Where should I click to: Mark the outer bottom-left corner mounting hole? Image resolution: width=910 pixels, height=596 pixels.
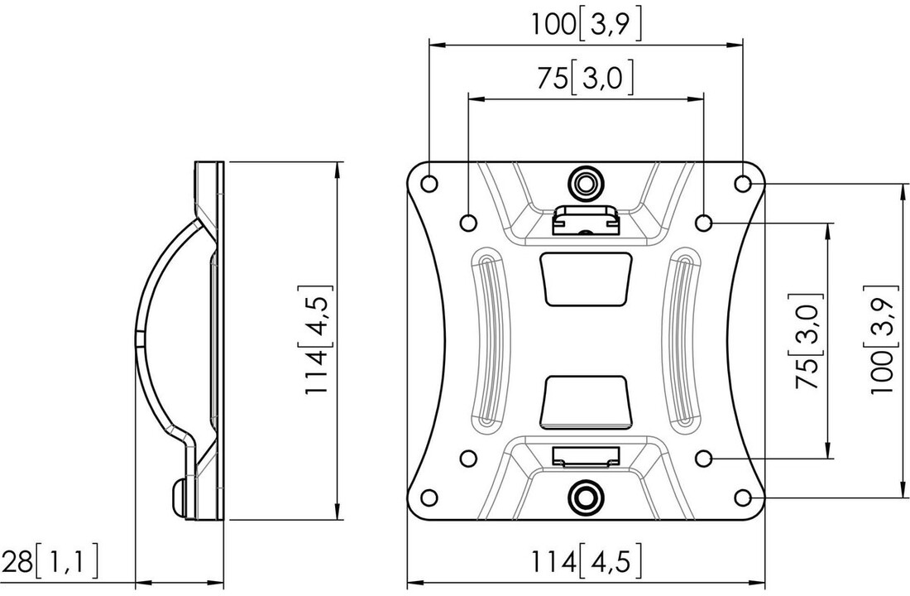tap(429, 497)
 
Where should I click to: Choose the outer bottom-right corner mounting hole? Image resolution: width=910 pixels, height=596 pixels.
tap(743, 497)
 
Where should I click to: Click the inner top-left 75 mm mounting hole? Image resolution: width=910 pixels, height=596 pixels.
tap(467, 222)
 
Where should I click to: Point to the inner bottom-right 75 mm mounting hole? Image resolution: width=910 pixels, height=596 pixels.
tap(704, 458)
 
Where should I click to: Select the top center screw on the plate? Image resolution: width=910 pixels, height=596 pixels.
tap(586, 181)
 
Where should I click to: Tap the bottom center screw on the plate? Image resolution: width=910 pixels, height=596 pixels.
tap(586, 496)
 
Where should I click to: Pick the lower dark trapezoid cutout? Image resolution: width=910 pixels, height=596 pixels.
tap(586, 401)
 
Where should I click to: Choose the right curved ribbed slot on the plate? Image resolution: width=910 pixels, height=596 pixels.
tap(686, 339)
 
